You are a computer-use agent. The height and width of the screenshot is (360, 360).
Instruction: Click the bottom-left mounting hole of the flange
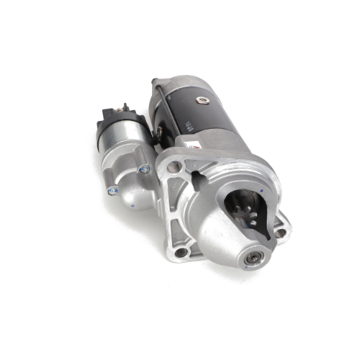click(x=181, y=252)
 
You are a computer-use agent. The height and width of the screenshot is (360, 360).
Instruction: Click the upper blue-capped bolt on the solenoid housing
click(x=145, y=169)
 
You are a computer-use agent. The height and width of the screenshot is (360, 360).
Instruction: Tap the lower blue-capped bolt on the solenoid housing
click(x=112, y=191)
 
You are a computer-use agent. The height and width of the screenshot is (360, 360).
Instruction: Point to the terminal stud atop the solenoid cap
click(x=124, y=108)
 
